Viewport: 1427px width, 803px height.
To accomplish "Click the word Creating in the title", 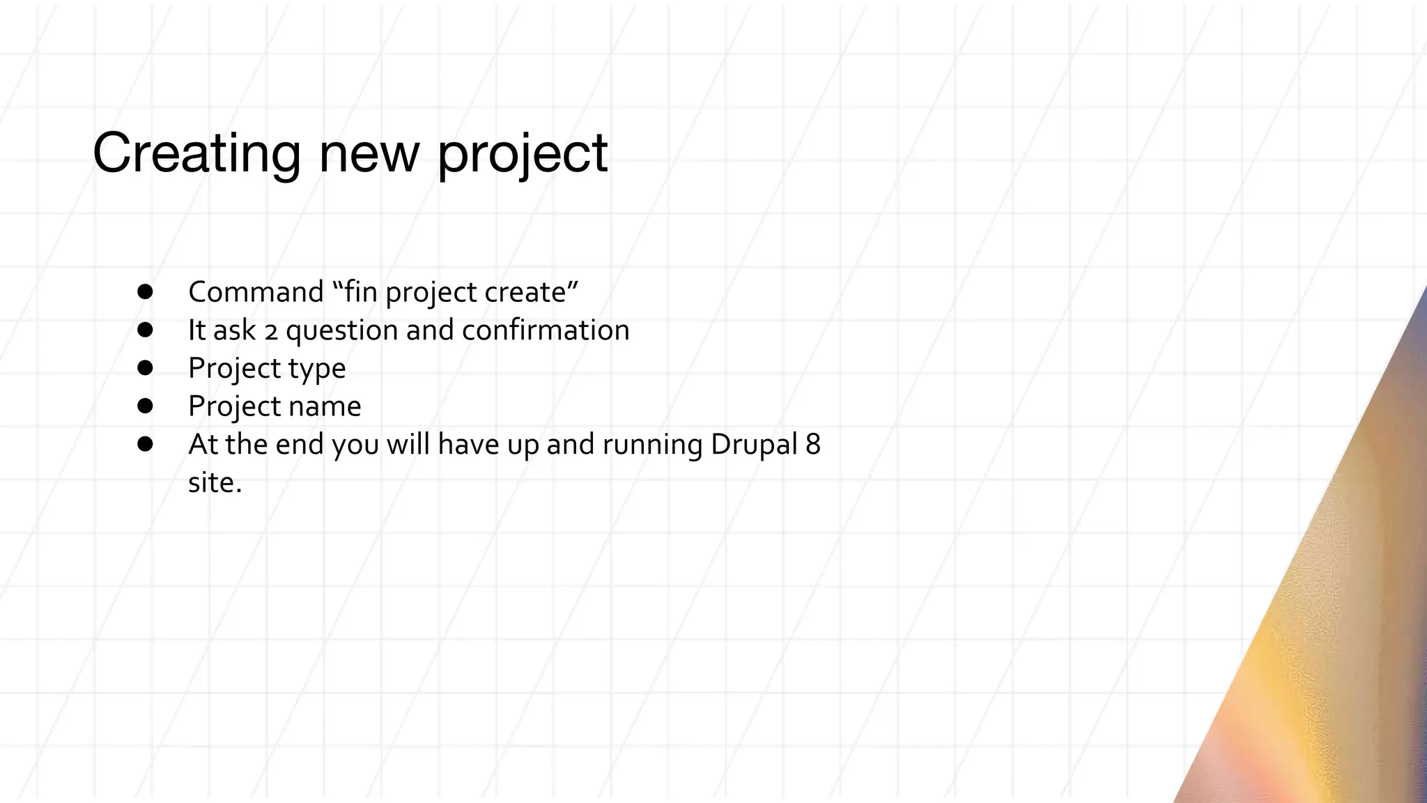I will pos(196,153).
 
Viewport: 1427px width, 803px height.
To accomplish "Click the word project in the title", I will pos(523,155).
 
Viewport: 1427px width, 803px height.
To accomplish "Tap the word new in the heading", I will pos(369,155).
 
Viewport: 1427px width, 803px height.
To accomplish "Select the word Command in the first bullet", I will pos(256,292).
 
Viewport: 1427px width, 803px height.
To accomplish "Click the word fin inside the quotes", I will pos(361,292).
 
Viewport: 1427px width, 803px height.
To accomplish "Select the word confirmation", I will pos(546,330).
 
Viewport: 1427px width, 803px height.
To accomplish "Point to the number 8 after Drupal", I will pos(813,445).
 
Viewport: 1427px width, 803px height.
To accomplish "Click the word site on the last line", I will pos(211,482).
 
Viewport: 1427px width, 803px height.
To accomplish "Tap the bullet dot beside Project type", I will pos(145,367).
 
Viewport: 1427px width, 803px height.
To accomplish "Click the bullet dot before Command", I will pos(145,291).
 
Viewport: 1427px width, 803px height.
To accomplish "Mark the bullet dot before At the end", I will pos(145,444).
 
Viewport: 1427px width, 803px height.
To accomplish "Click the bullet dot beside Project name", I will pos(145,406).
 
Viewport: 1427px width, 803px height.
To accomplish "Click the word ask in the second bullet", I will pos(235,330).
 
